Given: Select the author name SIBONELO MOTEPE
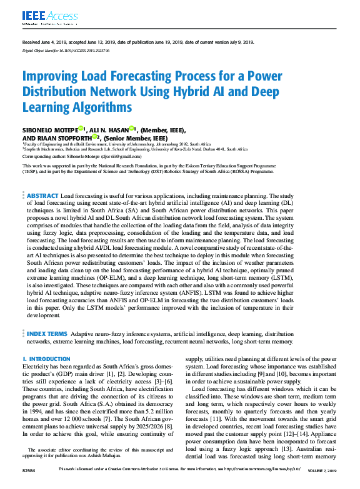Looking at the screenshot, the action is tap(51, 130).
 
